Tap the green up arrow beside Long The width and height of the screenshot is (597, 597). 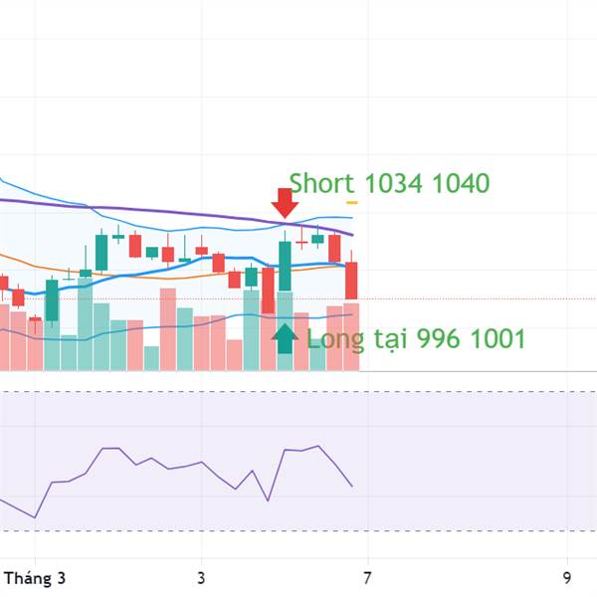(x=286, y=338)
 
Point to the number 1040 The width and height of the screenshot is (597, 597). (x=462, y=183)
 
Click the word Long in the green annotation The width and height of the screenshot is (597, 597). (x=335, y=339)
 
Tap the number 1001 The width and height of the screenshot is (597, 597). (x=497, y=339)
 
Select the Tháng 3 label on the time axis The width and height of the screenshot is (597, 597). (x=34, y=577)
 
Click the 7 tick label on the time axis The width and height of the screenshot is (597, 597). (x=367, y=577)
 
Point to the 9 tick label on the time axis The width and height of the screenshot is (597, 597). (x=566, y=577)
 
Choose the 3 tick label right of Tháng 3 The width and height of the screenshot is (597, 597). (x=201, y=577)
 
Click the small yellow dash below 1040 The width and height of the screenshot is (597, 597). (x=351, y=203)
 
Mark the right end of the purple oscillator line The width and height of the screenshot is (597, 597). (x=352, y=486)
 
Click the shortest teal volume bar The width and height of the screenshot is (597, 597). (x=151, y=358)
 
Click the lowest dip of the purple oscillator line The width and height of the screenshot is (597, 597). (x=35, y=517)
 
